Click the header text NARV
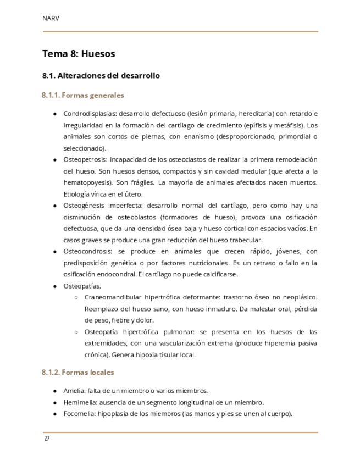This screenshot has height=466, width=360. tap(51, 19)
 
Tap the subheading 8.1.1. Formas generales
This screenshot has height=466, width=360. tap(82, 95)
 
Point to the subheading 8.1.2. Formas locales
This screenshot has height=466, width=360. tap(77, 372)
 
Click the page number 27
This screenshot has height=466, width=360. tap(47, 439)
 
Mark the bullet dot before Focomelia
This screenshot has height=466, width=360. tap(55, 414)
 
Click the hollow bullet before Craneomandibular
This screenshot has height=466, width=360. tap(76, 298)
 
